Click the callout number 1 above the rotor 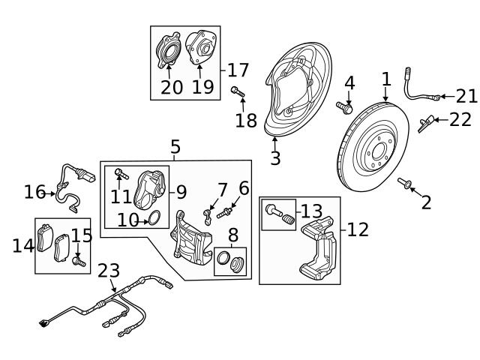385,79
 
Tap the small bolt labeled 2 406,183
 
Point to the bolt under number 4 344,108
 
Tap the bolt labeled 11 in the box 120,175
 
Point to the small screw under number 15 78,262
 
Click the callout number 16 34,193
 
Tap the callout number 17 238,70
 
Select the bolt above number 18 237,92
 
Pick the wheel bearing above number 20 167,52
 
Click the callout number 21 466,95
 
